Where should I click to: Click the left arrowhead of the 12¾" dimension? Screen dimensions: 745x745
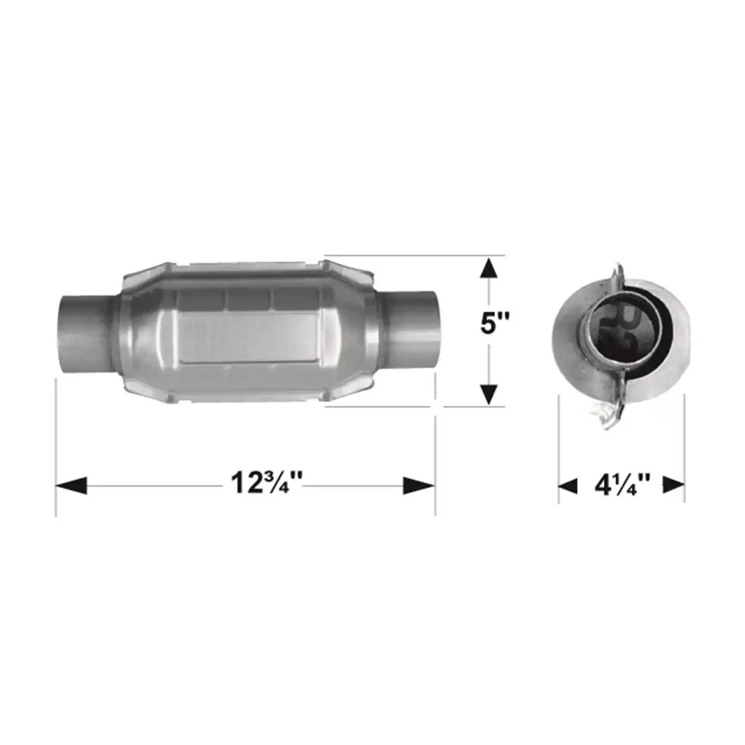coord(72,486)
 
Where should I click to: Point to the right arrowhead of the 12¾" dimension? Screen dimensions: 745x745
coord(419,486)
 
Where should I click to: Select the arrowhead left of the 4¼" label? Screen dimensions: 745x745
coord(568,486)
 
